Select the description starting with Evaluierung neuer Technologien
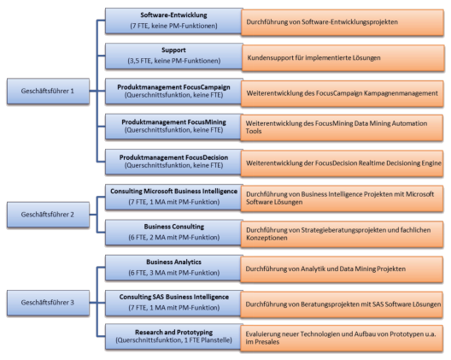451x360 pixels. pos(342,336)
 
